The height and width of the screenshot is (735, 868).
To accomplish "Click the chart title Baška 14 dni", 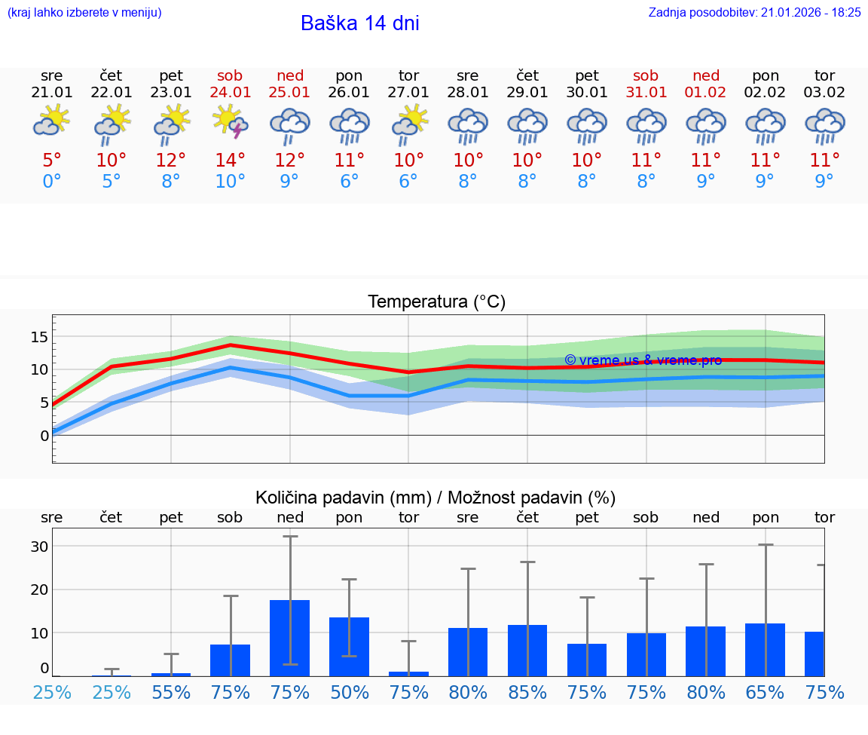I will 359,23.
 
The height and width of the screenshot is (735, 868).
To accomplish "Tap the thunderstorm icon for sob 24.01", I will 231,123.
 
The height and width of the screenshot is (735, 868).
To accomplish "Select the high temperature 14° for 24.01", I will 231,160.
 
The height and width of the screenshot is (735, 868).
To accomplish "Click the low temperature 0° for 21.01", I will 52,182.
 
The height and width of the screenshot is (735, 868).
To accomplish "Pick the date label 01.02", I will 706,92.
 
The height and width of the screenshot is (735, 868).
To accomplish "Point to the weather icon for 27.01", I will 409,124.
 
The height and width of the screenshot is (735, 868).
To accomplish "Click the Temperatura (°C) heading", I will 436,302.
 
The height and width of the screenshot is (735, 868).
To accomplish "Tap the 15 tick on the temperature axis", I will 40,336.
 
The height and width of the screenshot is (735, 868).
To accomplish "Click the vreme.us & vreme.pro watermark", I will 643,360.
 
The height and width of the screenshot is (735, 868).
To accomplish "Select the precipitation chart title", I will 436,498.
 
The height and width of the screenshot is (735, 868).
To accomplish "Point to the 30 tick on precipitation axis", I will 40,547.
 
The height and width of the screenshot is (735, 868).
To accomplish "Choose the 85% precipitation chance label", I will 527,692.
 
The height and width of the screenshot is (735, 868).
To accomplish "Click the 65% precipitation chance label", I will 766,692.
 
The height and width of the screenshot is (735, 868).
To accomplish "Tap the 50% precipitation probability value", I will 350,692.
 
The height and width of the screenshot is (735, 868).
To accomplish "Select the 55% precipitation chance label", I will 171,692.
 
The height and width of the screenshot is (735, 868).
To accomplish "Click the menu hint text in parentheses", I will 84,12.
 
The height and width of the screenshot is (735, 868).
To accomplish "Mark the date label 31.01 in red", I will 646,92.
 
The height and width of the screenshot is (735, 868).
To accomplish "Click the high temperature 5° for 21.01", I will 52,160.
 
